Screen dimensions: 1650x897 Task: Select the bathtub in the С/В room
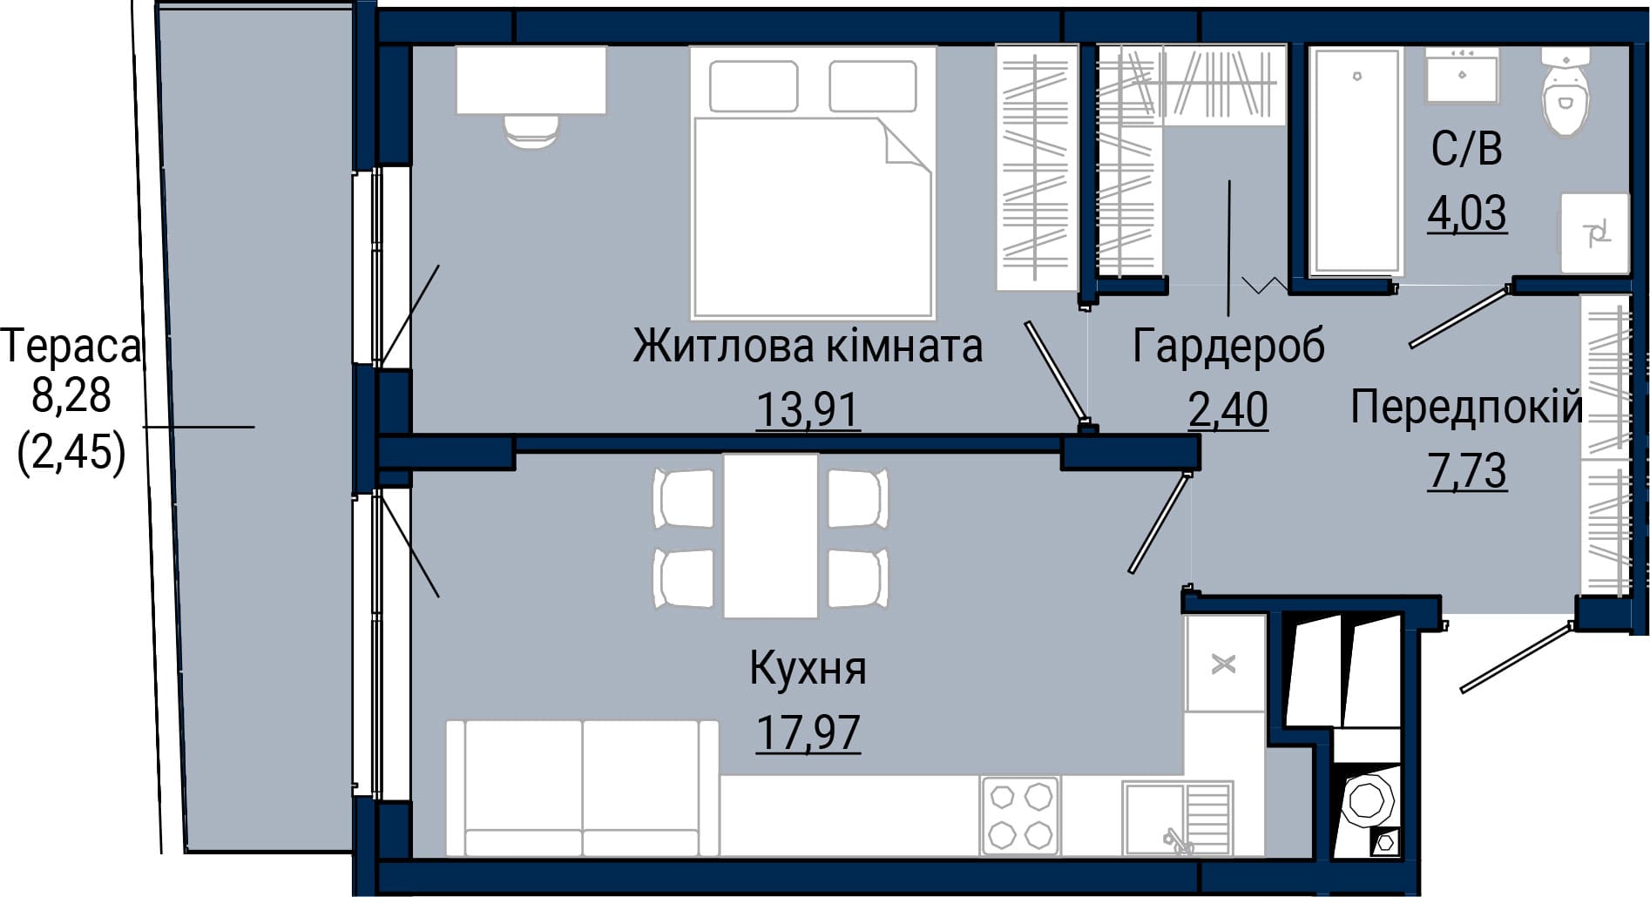tap(1357, 161)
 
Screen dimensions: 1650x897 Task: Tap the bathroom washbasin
tap(1462, 76)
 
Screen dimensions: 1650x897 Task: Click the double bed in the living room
tap(813, 182)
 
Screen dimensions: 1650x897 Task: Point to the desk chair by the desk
tap(531, 132)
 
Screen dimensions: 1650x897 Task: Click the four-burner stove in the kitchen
tap(1020, 815)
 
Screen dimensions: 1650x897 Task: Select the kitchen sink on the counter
tap(1177, 818)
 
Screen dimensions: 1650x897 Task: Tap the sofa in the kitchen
tap(582, 787)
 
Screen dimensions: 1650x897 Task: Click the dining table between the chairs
tap(771, 535)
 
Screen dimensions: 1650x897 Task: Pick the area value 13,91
tap(808, 409)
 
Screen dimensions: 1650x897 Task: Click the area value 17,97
tap(808, 732)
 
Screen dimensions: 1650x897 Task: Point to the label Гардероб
tap(1228, 346)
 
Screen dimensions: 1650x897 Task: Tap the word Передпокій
tap(1467, 407)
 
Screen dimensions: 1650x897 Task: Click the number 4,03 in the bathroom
tap(1467, 212)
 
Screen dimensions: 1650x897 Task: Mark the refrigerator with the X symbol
tap(1225, 664)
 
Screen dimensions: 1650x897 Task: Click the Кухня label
tap(808, 669)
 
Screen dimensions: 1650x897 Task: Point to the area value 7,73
tap(1467, 471)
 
